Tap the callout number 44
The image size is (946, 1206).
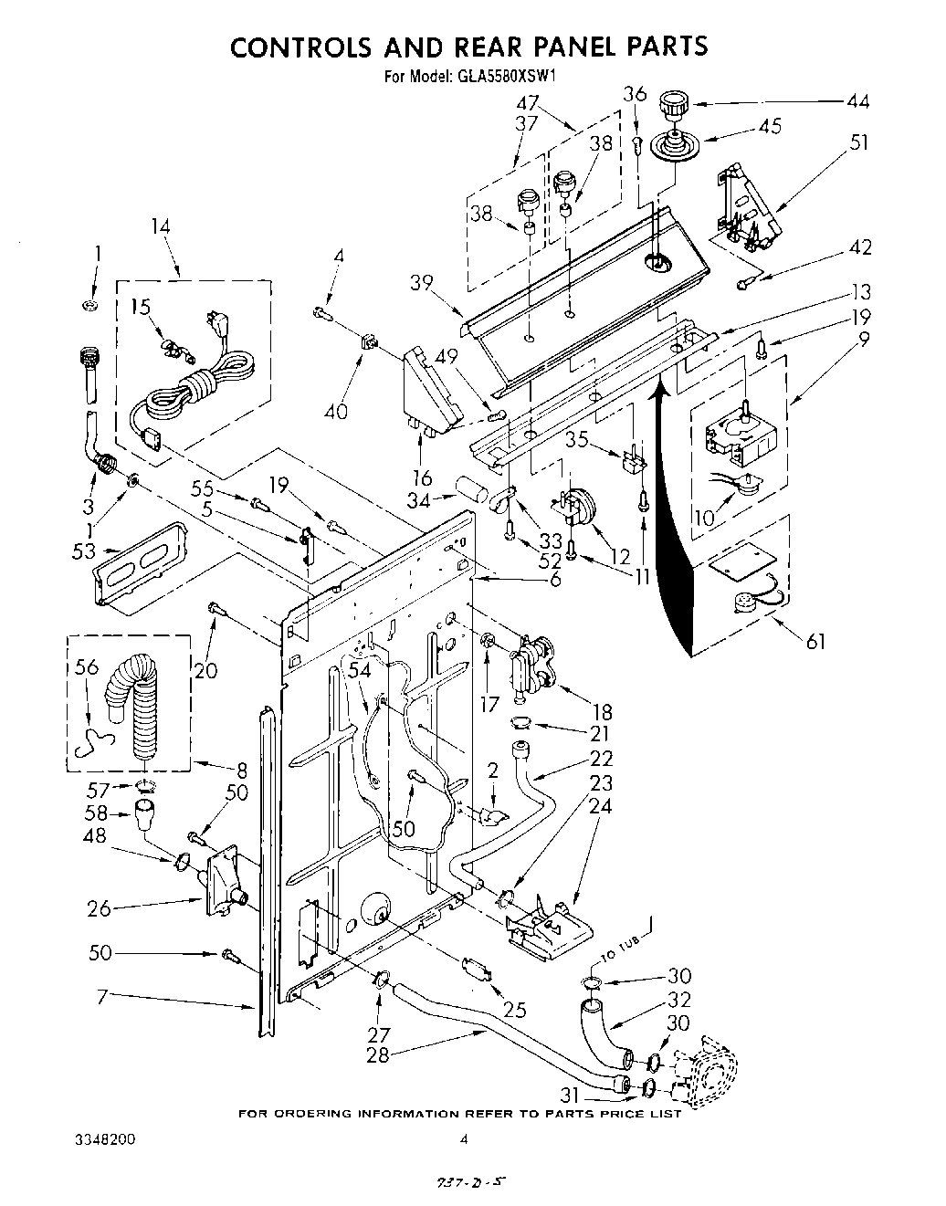click(857, 101)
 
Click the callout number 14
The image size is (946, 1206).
click(161, 226)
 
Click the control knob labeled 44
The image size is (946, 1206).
click(673, 103)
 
